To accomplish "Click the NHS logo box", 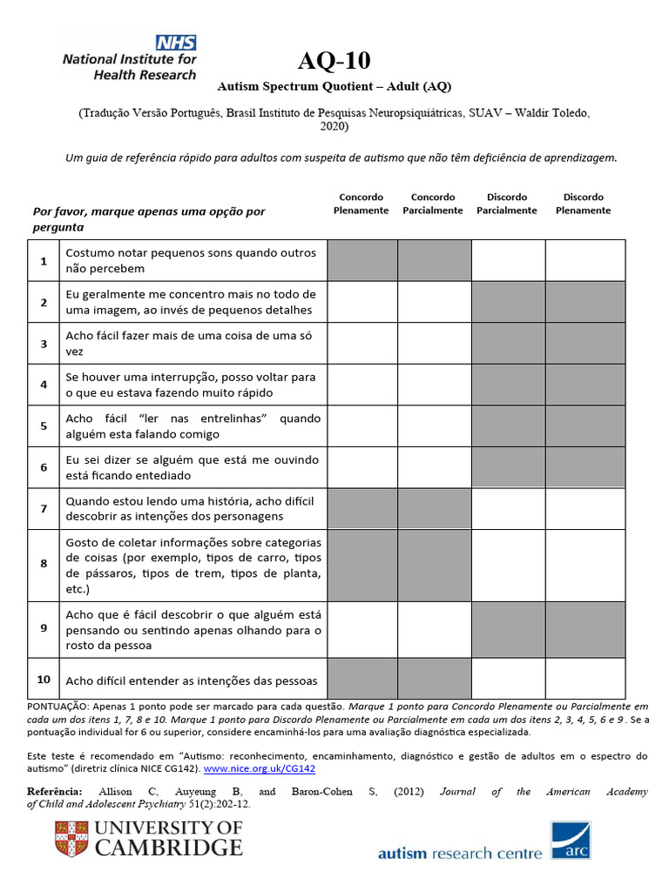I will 176,43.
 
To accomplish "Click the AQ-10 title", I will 334,61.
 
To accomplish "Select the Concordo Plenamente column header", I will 361,204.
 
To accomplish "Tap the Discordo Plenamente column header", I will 583,204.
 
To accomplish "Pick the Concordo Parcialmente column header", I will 433,204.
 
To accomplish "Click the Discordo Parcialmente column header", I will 507,204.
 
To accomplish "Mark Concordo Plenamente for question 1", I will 363,260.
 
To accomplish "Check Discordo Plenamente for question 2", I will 585,302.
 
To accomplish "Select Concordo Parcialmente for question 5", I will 434,426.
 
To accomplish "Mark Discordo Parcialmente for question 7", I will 508,508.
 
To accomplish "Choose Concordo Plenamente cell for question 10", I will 363,679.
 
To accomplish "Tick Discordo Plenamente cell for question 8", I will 585,565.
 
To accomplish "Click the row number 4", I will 44,385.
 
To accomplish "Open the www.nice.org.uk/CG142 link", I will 260,769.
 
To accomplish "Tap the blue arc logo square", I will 571,840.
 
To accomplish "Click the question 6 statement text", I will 193,467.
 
